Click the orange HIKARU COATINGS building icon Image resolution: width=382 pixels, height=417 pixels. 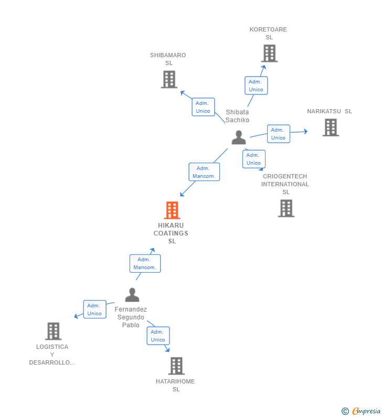tap(172, 210)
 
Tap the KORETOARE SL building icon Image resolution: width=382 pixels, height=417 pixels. tap(269, 53)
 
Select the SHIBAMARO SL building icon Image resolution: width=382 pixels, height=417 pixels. tap(169, 79)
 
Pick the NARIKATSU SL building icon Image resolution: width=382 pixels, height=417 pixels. tap(331, 127)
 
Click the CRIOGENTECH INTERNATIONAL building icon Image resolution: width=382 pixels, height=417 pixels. tap(286, 208)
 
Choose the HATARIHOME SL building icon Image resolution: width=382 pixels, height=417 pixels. tap(176, 366)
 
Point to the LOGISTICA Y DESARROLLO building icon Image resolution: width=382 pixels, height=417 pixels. tap(53, 331)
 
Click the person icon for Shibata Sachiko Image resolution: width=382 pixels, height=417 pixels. tap(239, 137)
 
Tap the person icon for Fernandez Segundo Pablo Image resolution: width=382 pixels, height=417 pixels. tap(132, 295)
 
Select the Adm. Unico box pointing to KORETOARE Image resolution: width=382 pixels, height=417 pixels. tap(256, 85)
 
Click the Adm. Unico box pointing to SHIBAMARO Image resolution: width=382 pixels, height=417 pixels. tap(203, 107)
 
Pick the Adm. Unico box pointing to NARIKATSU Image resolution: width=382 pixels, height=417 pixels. tap(279, 134)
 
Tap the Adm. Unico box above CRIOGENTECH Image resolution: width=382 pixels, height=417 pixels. tap(254, 159)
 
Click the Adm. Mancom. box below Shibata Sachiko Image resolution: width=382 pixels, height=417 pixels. tap(204, 172)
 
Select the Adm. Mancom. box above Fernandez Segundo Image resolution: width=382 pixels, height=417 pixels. tap(145, 263)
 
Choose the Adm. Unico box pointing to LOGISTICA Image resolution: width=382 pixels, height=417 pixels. tap(94, 309)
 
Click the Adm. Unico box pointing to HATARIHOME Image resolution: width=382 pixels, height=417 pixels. tap(158, 336)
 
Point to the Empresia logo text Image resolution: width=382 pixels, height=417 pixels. tap(366, 411)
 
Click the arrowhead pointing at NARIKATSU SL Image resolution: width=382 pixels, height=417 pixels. tap(306, 131)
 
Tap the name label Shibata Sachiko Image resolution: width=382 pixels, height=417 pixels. tap(237, 116)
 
